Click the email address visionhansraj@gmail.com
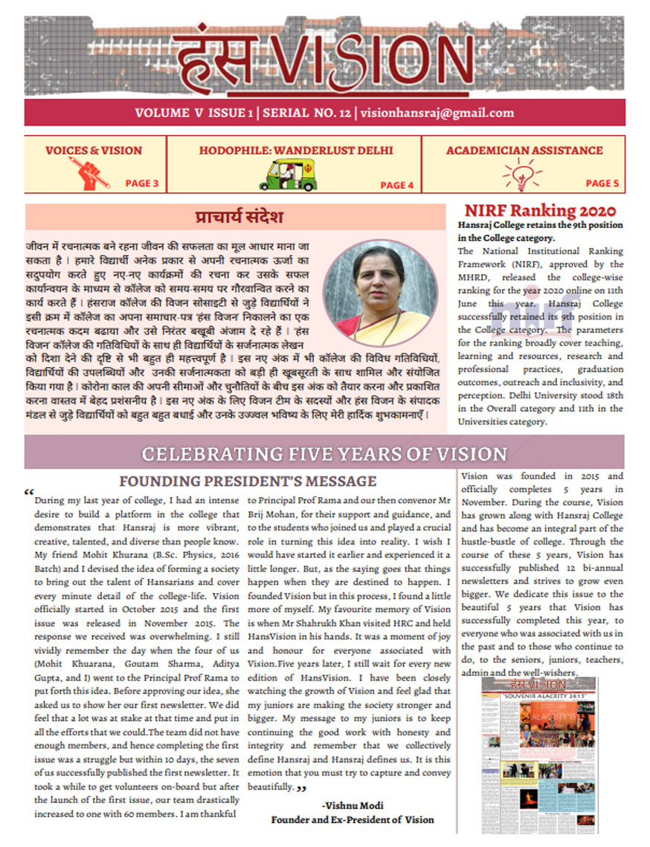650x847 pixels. pyautogui.click(x=437, y=113)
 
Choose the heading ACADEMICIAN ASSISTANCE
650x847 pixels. pyautogui.click(x=524, y=150)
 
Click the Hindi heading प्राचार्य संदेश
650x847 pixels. pyautogui.click(x=237, y=218)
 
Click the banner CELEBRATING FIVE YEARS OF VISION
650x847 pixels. pyautogui.click(x=324, y=454)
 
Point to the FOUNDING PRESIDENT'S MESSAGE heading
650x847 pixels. pyautogui.click(x=248, y=481)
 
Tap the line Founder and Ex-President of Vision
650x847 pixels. pyautogui.click(x=352, y=820)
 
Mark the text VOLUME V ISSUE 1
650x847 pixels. pyautogui.click(x=190, y=113)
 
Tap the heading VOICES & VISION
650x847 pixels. pyautogui.click(x=94, y=150)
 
